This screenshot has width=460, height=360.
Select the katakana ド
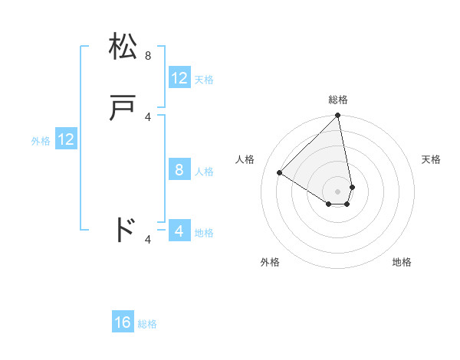124,229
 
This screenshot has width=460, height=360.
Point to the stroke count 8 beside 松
148,56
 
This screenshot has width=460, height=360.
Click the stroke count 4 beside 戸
148,116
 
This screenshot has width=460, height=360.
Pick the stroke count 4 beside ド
148,240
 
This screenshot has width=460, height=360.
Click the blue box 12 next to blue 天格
179,78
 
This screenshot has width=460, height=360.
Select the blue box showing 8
179,170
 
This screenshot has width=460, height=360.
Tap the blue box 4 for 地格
179,231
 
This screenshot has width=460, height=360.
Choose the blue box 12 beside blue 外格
66,139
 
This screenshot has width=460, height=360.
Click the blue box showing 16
123,322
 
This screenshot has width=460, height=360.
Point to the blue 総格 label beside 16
147,324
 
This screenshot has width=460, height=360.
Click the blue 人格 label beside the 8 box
204,172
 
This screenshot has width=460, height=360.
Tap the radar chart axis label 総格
337,100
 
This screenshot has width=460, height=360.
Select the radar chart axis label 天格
431,159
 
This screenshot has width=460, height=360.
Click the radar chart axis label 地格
402,262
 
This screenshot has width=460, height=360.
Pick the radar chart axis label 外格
270,262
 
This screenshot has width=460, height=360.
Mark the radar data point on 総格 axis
337,116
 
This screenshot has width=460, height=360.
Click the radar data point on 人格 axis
280,173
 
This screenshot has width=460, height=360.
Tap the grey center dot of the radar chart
337,191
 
